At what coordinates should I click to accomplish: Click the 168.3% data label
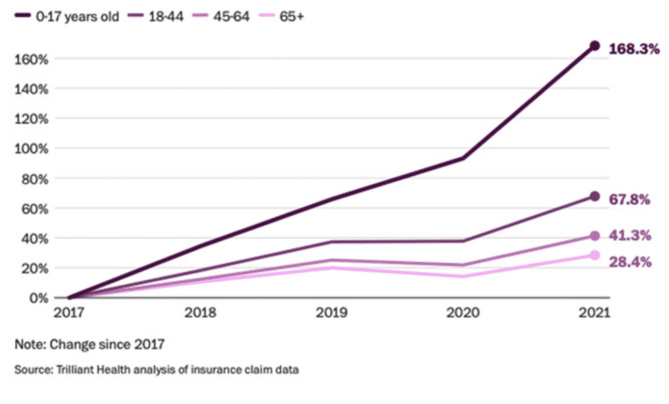click(x=633, y=49)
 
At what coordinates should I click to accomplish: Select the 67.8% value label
click(x=629, y=200)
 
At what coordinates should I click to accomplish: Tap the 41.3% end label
click(x=629, y=236)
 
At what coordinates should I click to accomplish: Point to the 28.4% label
click(x=629, y=262)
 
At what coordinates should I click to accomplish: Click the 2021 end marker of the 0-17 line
click(x=595, y=46)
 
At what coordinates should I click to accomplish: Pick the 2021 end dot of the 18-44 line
click(x=595, y=196)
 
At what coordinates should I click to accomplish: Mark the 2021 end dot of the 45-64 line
click(x=595, y=236)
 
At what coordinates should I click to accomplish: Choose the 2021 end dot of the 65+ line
click(x=595, y=255)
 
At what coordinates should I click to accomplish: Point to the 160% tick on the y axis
click(x=31, y=59)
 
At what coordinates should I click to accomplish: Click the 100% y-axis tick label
click(x=31, y=148)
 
